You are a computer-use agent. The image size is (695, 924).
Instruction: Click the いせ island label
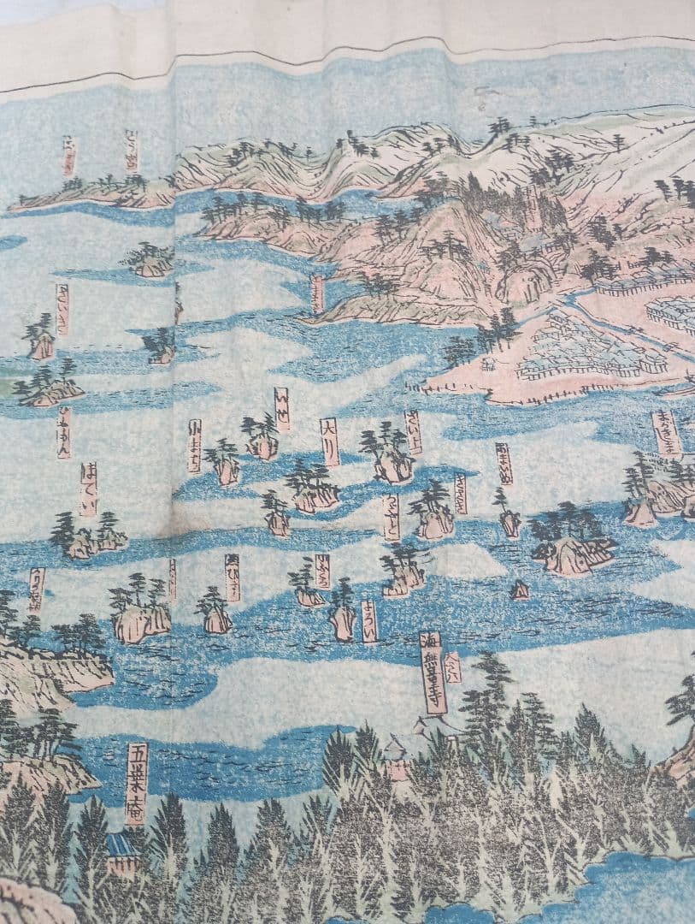[x=281, y=410]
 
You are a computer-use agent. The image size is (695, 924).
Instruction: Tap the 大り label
[x=329, y=441]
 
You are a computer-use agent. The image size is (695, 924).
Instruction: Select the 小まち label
[x=194, y=446]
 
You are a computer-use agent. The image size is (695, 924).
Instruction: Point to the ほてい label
[x=88, y=489]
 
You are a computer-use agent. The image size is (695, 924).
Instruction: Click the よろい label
[x=368, y=621]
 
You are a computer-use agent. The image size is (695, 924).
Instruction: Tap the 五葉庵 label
[x=137, y=783]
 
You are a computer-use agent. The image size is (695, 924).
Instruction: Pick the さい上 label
[x=413, y=432]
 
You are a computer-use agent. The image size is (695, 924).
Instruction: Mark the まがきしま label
[x=666, y=432]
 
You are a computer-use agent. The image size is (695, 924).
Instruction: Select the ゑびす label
[x=232, y=577]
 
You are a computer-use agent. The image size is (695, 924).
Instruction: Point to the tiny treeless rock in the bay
[x=519, y=590]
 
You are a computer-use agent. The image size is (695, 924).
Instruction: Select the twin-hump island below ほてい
[x=86, y=539]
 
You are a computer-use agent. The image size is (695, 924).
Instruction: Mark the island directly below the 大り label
[x=312, y=490]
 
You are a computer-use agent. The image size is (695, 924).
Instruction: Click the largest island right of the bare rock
[x=571, y=548]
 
